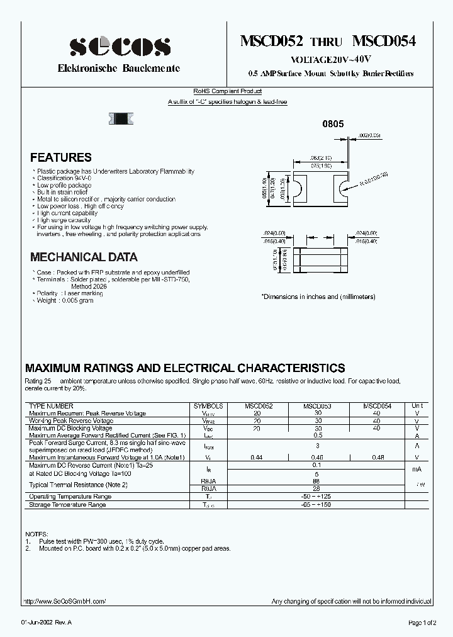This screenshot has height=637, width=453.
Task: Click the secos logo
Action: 120,46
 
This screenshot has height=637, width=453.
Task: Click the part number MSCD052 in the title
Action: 272,42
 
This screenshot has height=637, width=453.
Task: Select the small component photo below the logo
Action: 123,117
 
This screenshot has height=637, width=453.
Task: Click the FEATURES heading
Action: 61,158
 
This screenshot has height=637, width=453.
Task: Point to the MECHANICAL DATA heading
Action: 84,257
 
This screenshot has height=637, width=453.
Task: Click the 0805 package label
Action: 333,125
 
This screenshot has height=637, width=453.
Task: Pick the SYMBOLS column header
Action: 208,407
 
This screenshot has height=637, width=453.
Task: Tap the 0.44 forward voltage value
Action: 256,457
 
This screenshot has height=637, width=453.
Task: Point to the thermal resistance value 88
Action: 316,480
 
